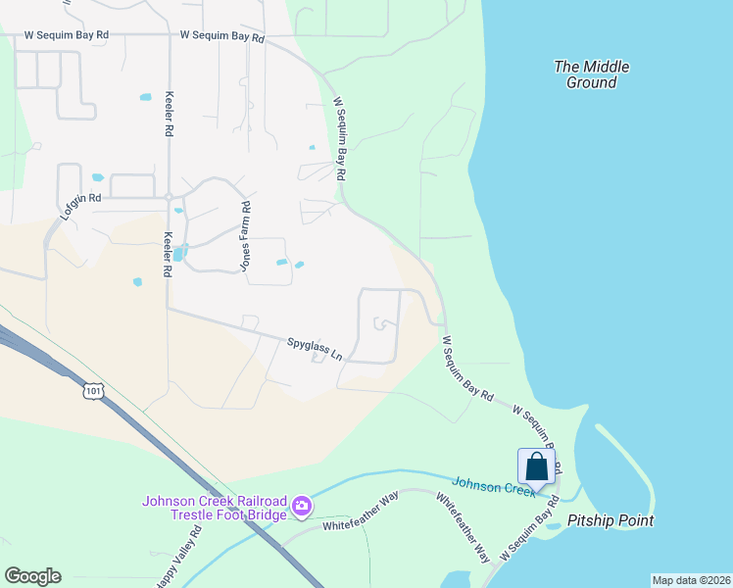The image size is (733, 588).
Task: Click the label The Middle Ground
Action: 591,74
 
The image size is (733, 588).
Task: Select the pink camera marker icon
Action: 302,507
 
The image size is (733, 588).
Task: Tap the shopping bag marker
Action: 536,466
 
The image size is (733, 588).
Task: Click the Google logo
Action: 32,575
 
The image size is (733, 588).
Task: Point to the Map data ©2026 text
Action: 691,580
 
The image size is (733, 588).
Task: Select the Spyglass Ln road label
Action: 314,349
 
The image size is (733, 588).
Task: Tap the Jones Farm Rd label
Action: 246,235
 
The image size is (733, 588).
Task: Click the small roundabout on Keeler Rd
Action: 169,196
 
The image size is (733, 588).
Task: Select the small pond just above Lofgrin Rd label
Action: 97,178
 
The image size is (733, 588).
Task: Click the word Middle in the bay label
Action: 607,67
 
